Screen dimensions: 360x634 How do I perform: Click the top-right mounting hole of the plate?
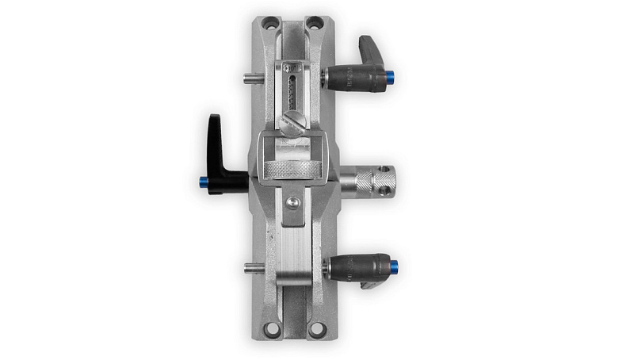(x=315, y=22)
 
